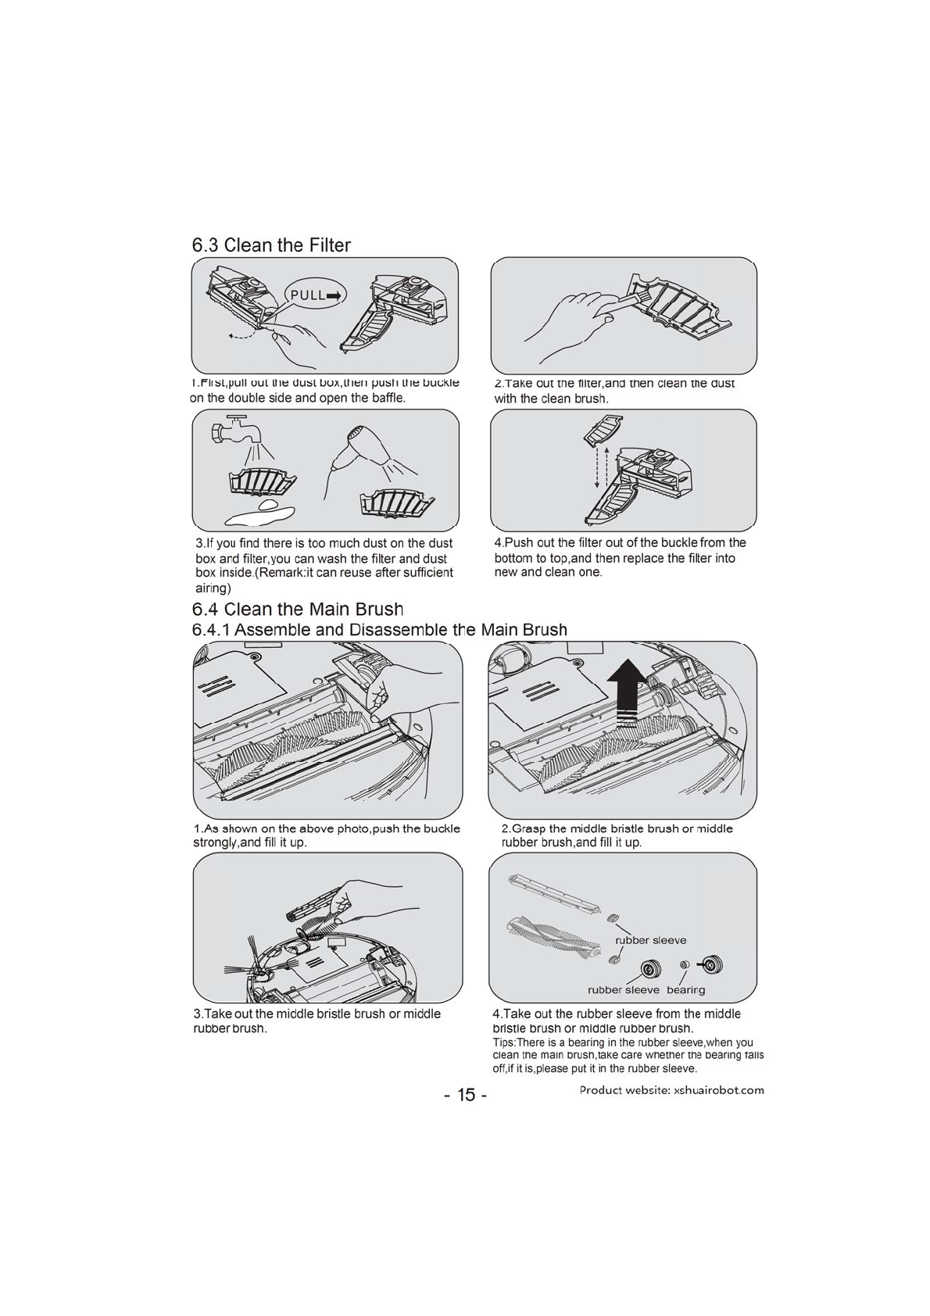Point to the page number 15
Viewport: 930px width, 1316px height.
click(465, 1094)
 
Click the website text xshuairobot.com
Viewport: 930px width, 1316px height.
click(718, 1090)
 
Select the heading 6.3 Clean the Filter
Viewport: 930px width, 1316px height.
click(271, 245)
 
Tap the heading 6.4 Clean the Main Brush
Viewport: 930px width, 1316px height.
click(297, 609)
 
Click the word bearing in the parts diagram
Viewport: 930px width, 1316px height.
click(685, 990)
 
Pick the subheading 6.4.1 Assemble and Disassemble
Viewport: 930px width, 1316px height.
click(379, 629)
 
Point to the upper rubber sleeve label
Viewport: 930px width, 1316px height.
click(651, 940)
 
